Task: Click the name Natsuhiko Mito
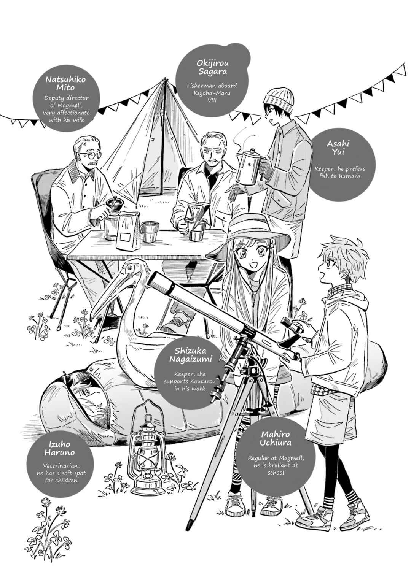(x=65, y=83)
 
